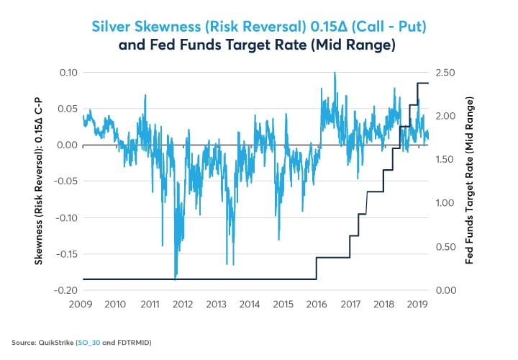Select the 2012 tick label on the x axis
pyautogui.click(x=183, y=305)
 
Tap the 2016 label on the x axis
pyautogui.click(x=317, y=305)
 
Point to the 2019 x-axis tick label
pyautogui.click(x=417, y=305)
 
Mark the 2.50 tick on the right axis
pyautogui.click(x=448, y=72)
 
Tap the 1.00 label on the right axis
pyautogui.click(x=448, y=203)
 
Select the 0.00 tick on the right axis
pyautogui.click(x=448, y=290)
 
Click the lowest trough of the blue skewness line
pyautogui.click(x=176, y=277)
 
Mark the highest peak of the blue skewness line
pyautogui.click(x=335, y=73)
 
